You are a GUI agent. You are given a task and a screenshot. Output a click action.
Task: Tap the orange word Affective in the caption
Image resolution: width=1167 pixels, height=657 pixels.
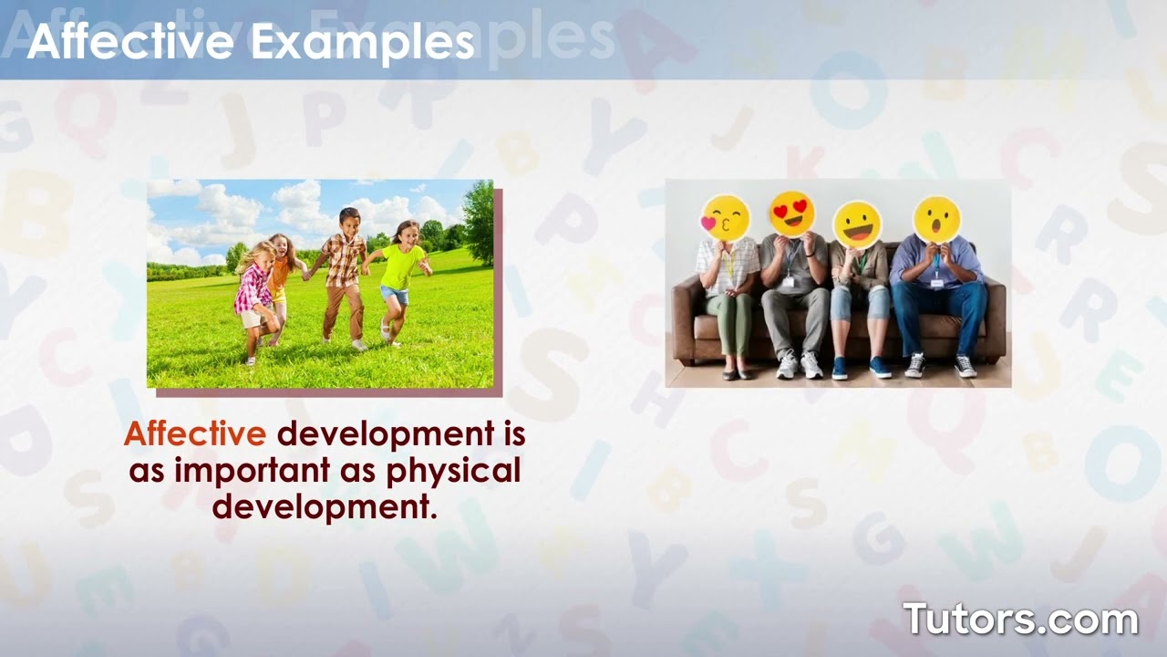coord(195,434)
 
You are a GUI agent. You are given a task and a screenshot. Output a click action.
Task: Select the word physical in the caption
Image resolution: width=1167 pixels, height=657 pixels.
coord(453,470)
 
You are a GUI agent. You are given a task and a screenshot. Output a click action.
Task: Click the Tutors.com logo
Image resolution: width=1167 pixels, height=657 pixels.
coord(1020,619)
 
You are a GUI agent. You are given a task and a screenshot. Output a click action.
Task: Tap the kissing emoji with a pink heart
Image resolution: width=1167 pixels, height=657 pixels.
coord(725,218)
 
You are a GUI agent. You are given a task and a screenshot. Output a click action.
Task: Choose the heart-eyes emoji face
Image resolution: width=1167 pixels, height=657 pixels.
coord(791,214)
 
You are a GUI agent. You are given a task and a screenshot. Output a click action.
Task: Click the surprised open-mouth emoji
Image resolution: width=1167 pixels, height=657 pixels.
coord(937,220)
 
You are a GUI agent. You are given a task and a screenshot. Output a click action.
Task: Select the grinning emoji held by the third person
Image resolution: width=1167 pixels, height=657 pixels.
coord(857,224)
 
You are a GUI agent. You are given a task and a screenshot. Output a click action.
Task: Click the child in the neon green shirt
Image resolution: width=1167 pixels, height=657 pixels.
coord(400,274)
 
